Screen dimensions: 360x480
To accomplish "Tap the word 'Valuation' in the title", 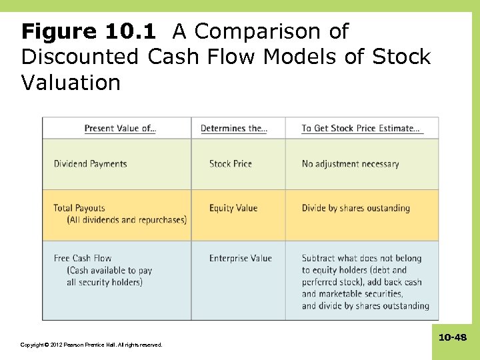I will click(71, 83).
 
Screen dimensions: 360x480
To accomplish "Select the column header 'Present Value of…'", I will click(120, 128).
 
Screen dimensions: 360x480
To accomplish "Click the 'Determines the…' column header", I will click(233, 128).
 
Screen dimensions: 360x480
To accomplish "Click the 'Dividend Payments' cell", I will click(90, 164).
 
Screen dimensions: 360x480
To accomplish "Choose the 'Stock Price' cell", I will click(230, 164).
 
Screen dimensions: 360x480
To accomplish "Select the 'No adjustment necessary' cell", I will click(350, 164).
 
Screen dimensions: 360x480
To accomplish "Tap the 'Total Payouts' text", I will click(79, 208).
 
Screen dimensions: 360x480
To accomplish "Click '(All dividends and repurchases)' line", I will click(127, 220).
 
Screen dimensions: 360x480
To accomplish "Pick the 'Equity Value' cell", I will click(233, 208).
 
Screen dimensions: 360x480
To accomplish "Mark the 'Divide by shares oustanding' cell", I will click(355, 208).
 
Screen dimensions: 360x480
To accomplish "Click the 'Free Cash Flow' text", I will click(83, 258).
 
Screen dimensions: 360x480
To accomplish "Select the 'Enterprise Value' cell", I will click(240, 258).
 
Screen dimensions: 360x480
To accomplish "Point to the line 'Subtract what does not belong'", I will click(361, 258).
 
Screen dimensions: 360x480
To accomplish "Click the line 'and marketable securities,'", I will click(352, 294).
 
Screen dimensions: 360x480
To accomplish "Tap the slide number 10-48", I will click(452, 338).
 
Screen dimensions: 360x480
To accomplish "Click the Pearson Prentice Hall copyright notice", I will click(91, 345).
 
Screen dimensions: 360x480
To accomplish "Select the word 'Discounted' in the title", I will click(80, 57).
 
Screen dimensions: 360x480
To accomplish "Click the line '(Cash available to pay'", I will click(109, 270).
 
